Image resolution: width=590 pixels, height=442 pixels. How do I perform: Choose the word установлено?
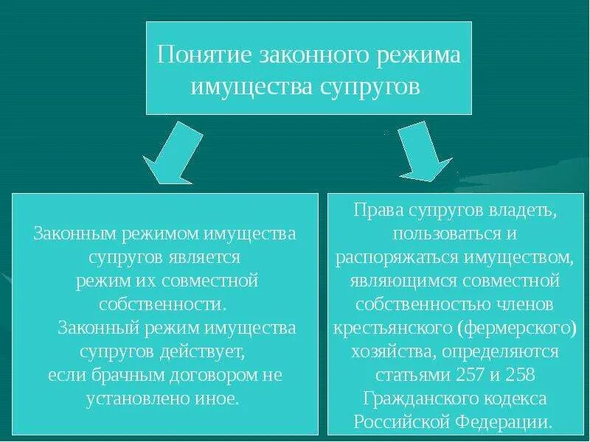click(147, 399)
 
